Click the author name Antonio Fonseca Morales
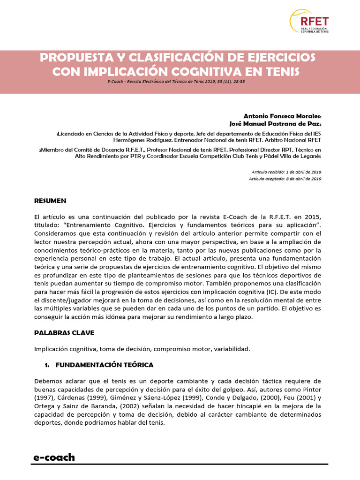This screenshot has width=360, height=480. pyautogui.click(x=282, y=115)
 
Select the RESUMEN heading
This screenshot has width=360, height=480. pyautogui.click(x=50, y=201)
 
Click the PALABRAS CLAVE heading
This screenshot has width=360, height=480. pyautogui.click(x=64, y=332)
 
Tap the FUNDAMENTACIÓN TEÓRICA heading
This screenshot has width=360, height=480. pyautogui.click(x=104, y=365)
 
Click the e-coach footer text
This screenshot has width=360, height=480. pyautogui.click(x=54, y=457)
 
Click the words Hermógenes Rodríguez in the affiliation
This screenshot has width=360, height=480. pyautogui.click(x=142, y=140)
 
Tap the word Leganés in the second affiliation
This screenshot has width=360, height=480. pyautogui.click(x=308, y=156)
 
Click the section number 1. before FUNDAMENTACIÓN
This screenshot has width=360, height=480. pyautogui.click(x=47, y=365)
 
